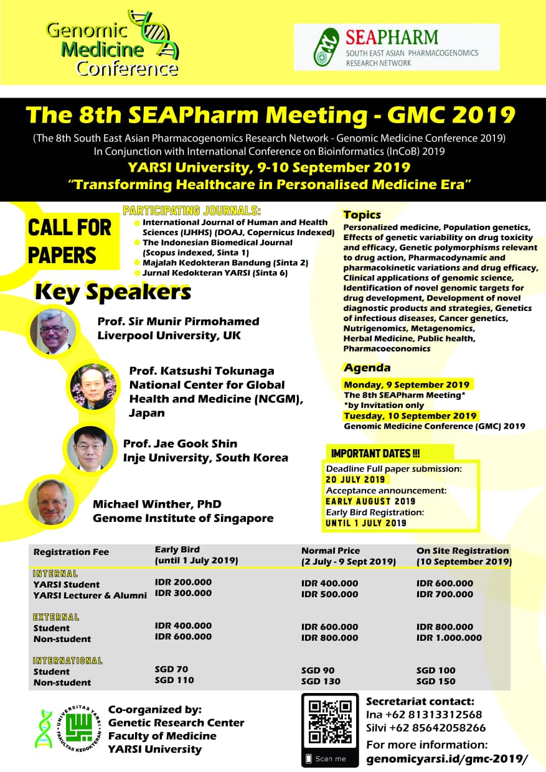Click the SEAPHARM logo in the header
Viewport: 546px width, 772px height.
[396, 47]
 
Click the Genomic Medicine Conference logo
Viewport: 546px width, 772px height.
[112, 44]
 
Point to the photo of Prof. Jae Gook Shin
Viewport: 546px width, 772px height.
[90, 448]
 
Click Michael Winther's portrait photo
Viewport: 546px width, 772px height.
[52, 501]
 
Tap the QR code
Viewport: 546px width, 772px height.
[330, 722]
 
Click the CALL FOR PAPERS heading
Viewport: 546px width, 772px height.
[70, 241]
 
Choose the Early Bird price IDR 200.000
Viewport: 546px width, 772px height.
[183, 582]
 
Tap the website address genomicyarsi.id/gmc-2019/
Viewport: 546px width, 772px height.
[446, 759]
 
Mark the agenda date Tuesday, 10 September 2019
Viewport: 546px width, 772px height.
[410, 416]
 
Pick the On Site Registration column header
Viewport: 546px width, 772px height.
[463, 551]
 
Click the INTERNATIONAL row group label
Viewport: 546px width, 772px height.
[67, 661]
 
